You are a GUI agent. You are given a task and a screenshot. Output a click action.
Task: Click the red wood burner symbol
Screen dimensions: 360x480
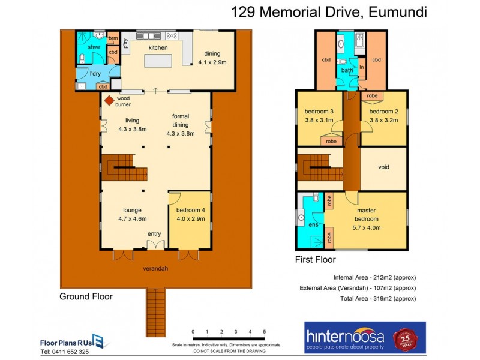[109, 101]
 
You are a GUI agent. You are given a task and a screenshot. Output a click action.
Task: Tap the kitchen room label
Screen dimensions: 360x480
[158, 47]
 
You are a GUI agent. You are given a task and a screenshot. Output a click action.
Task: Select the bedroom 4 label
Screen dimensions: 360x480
[190, 210]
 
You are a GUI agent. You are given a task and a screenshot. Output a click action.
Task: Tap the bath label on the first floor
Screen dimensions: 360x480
[347, 70]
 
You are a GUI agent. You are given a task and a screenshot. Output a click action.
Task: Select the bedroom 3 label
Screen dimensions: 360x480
[319, 112]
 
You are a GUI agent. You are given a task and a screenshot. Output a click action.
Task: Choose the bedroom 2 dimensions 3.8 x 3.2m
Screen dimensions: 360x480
[383, 119]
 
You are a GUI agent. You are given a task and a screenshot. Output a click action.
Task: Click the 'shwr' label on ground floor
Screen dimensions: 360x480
[94, 47]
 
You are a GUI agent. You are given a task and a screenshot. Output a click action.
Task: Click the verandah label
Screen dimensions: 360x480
[155, 268]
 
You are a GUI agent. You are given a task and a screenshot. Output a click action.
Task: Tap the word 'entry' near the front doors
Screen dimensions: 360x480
[155, 234]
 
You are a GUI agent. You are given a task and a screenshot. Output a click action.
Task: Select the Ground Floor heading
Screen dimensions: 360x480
[86, 296]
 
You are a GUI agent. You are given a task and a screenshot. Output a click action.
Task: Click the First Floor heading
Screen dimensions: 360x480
[315, 260]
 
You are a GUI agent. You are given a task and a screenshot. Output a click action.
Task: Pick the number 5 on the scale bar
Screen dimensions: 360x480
[264, 332]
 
